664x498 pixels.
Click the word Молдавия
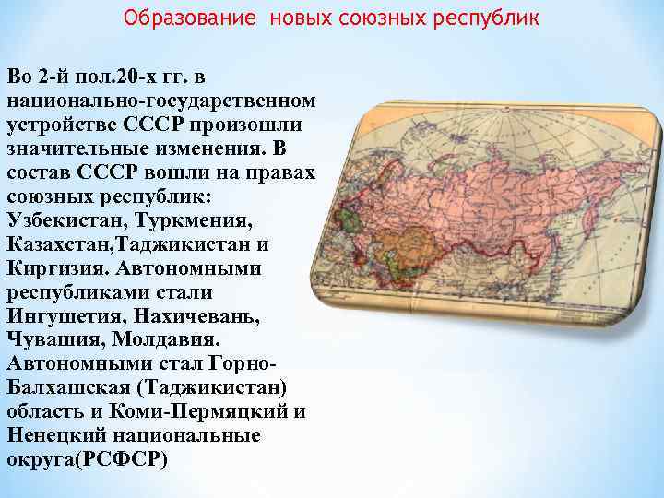(x=154, y=340)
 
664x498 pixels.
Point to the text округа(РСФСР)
(x=88, y=459)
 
